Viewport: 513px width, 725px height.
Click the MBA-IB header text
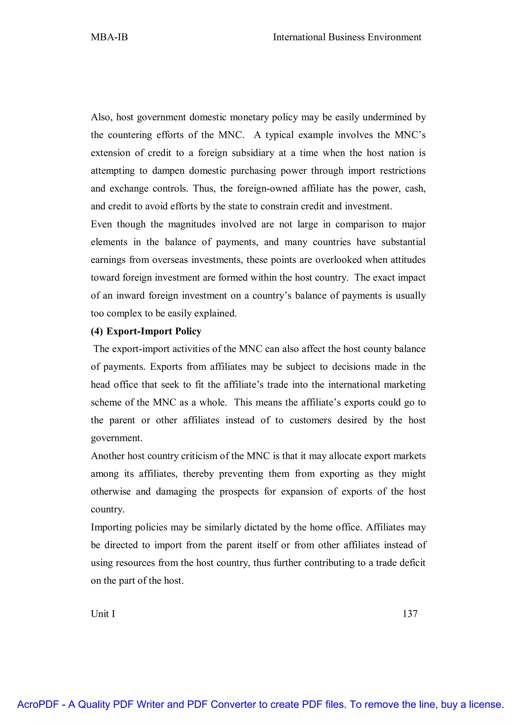(x=109, y=37)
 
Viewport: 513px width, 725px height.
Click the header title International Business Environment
(x=347, y=37)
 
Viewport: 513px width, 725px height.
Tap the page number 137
(x=410, y=614)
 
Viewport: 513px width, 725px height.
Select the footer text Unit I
(x=103, y=614)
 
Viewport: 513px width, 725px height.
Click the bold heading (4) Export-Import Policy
(x=146, y=331)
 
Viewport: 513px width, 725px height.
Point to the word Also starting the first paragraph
(x=100, y=117)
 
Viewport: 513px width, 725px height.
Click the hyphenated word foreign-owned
(x=267, y=189)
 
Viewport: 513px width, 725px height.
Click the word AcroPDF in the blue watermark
(x=38, y=704)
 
